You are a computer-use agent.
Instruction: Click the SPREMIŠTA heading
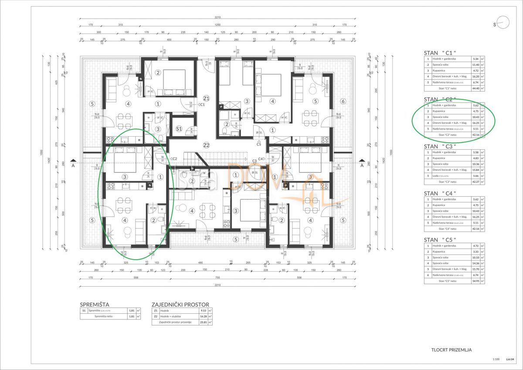coord(95,304)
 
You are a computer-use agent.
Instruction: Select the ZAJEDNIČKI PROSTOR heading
coord(180,304)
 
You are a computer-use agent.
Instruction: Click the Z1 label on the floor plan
coord(206,98)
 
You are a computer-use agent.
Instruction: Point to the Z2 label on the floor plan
coord(206,145)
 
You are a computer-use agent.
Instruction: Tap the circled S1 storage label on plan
coord(179,129)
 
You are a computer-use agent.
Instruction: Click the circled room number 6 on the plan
coord(343,102)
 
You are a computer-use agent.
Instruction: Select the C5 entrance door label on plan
coord(258,144)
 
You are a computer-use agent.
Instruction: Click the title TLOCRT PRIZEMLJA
coord(451,349)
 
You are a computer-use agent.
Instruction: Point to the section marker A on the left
coord(73,165)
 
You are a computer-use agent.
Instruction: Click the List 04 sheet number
coord(510,360)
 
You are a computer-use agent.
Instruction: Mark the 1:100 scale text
coord(496,360)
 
